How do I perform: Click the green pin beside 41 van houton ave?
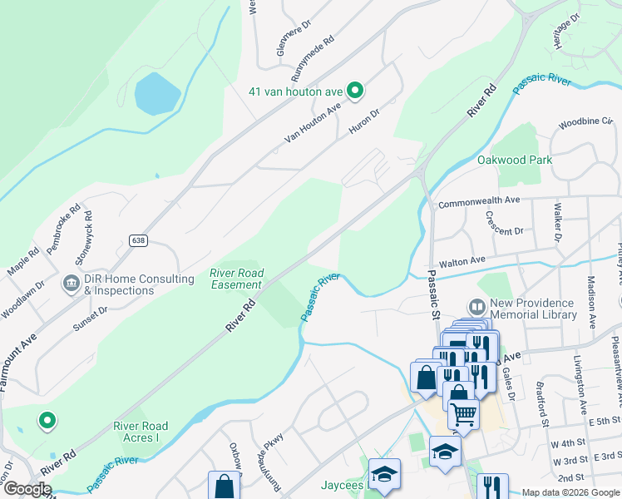pyautogui.click(x=355, y=91)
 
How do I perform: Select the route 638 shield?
pyautogui.click(x=138, y=240)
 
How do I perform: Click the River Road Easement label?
pyautogui.click(x=236, y=279)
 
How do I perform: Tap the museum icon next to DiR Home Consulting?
pyautogui.click(x=71, y=285)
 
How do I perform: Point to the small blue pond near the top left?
pyautogui.click(x=157, y=92)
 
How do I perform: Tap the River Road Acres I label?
pyautogui.click(x=141, y=432)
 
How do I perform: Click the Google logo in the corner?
pyautogui.click(x=27, y=489)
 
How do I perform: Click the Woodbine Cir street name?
pyautogui.click(x=580, y=122)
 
